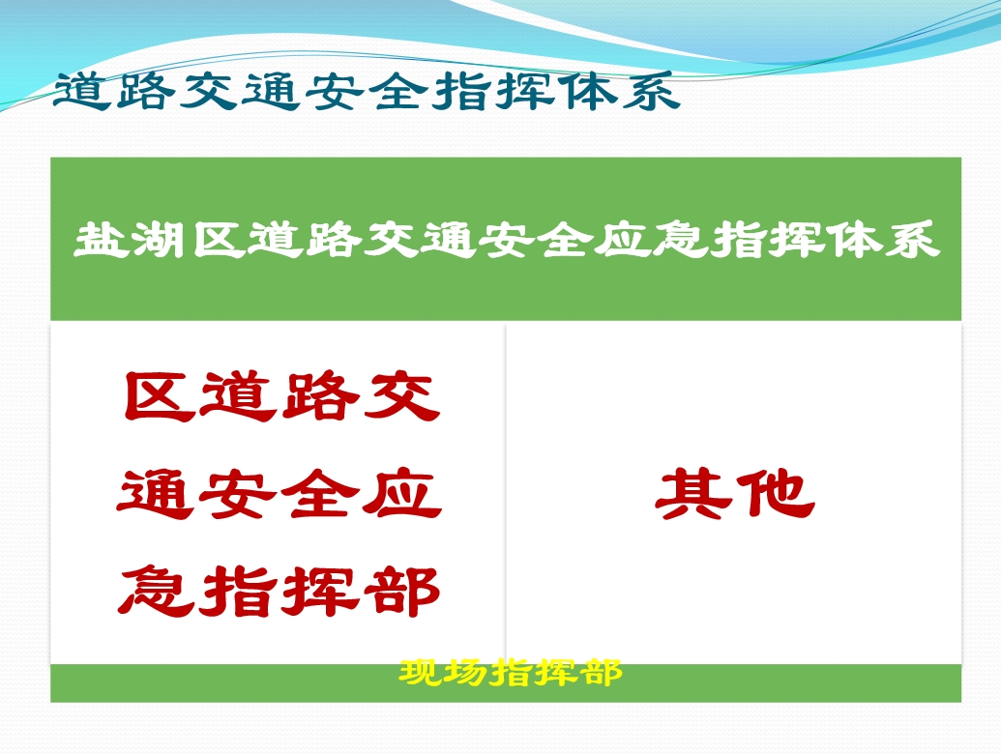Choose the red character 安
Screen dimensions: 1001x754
coord(236,494)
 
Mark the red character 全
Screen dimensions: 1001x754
coord(319,494)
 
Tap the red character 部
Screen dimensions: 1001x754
coord(401,592)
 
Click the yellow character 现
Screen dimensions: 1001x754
coord(421,673)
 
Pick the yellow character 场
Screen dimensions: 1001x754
coord(465,673)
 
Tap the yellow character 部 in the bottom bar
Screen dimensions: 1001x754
coord(600,673)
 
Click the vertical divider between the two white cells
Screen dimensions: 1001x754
coord(506,492)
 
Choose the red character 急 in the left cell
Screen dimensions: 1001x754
coord(156,592)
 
